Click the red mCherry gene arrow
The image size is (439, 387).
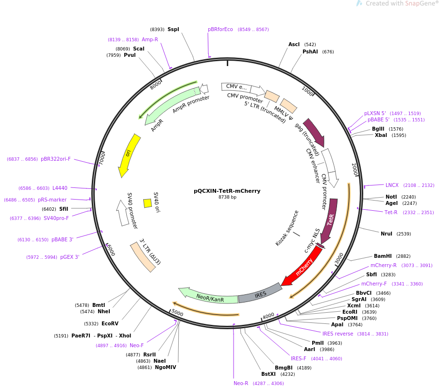[303, 267]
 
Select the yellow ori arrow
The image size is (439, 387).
[129, 155]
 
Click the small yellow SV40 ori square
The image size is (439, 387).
[148, 203]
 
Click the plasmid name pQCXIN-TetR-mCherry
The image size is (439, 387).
[227, 191]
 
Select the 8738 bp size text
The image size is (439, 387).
[227, 197]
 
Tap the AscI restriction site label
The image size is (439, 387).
[294, 44]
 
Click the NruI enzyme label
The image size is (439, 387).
[387, 234]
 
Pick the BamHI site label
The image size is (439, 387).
[383, 256]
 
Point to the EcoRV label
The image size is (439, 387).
[110, 323]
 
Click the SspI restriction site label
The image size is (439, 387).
[173, 30]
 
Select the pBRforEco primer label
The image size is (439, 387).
[220, 30]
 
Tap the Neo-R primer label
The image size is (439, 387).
[241, 383]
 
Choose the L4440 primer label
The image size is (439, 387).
[60, 188]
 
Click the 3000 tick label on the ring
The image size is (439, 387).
[339, 258]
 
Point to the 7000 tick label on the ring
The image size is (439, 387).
[102, 159]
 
